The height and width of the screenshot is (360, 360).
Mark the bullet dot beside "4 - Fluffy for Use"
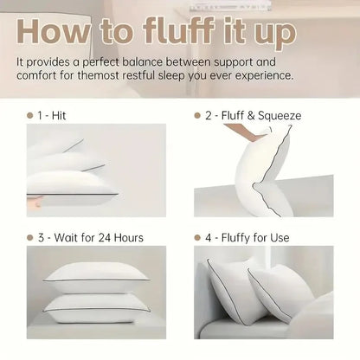tap(198, 237)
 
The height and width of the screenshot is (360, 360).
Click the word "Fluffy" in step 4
tap(239, 237)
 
